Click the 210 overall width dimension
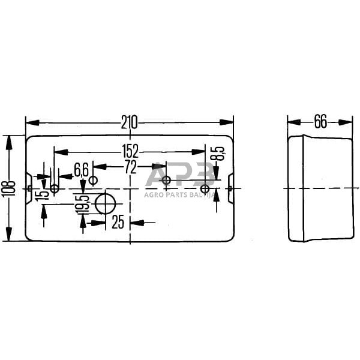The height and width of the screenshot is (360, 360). (130, 122)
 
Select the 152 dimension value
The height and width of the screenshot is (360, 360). (130, 151)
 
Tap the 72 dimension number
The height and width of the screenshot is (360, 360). (130, 167)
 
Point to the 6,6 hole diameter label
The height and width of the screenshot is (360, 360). (82, 168)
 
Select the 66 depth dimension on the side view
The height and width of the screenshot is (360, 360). (320, 122)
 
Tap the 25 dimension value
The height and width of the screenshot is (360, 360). (118, 223)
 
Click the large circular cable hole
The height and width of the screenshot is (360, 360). (106, 204)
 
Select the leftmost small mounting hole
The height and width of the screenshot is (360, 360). (54, 189)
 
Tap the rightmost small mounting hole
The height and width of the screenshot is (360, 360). (205, 189)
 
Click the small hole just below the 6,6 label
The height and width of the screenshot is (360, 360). (93, 180)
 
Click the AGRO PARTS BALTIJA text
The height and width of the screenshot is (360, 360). (180, 193)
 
